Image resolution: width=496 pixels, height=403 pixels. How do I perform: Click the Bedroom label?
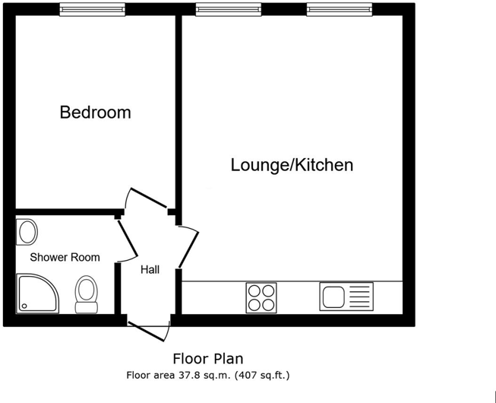click(95, 113)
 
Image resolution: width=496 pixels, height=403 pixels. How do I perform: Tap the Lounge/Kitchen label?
click(292, 165)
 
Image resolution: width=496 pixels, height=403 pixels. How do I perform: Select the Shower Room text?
click(65, 257)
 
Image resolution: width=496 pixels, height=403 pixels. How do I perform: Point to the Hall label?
click(150, 270)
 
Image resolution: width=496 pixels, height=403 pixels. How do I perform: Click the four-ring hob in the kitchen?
click(261, 298)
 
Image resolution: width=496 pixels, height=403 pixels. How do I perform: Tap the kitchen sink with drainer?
click(346, 297)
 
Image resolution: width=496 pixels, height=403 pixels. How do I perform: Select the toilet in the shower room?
click(87, 294)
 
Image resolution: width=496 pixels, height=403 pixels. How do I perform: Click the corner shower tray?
click(37, 294)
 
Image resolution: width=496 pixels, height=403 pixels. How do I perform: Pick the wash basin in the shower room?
click(27, 232)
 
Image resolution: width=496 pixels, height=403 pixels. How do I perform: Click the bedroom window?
click(93, 9)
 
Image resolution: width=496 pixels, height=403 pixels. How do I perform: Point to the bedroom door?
click(149, 198)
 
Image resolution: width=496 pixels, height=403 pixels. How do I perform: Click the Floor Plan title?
click(208, 359)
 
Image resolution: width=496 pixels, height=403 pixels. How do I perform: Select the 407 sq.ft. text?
click(262, 376)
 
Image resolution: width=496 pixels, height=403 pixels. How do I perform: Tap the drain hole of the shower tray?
click(24, 306)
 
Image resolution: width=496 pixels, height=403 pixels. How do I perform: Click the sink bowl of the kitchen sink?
click(333, 297)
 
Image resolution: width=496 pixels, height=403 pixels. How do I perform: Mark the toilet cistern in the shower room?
click(87, 307)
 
